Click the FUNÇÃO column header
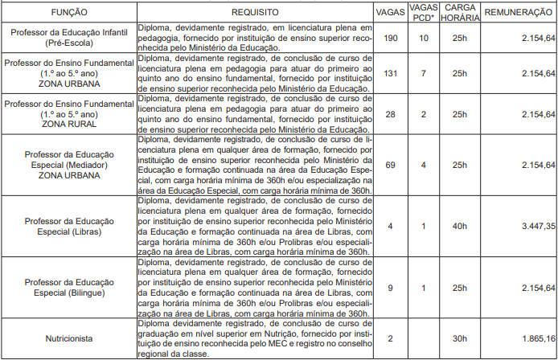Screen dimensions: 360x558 coord(70,14)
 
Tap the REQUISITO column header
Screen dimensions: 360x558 coord(255,14)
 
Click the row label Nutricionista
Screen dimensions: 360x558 coord(70,338)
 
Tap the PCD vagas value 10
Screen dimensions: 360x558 coord(422,38)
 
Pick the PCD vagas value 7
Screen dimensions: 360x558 coord(422,73)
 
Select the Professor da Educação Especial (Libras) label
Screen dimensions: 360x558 coord(70,226)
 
